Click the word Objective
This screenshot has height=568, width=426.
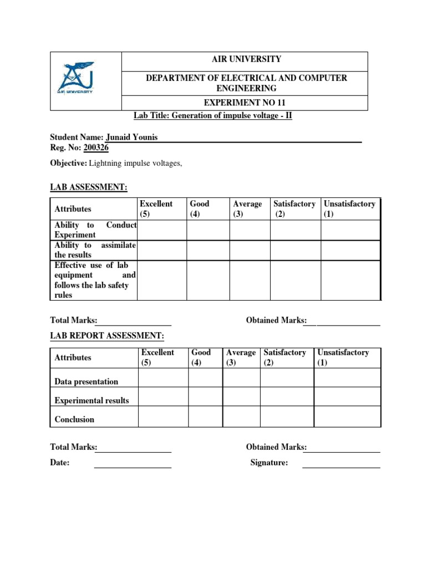coord(69,163)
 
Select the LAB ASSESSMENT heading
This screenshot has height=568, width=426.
coord(89,188)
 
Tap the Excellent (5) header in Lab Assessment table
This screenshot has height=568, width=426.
coord(156,209)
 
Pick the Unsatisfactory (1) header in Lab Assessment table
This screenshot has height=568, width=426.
coord(349,209)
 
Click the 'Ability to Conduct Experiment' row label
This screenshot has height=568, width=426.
coord(95,230)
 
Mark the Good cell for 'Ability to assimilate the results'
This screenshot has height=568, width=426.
coord(208,250)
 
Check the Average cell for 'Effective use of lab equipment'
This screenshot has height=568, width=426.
coord(250,280)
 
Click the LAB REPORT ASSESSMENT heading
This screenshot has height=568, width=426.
coord(107,336)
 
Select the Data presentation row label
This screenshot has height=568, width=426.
coord(87,382)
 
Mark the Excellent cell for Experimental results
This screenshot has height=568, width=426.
coord(163,397)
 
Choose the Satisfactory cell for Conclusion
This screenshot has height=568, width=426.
coord(287,416)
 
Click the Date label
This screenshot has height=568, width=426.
coord(60,463)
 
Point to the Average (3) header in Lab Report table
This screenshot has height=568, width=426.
coord(241,358)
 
